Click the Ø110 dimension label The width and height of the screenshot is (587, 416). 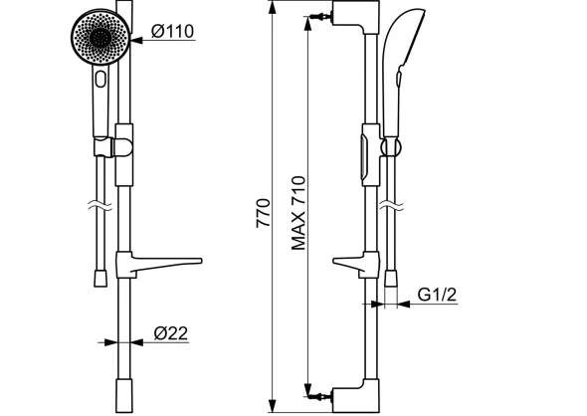click(x=172, y=31)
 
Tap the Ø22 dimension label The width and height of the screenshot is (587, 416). click(x=171, y=333)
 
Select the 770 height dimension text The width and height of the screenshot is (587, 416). click(x=263, y=213)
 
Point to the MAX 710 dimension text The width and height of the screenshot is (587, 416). click(x=298, y=213)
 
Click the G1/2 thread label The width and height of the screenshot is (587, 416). click(x=437, y=295)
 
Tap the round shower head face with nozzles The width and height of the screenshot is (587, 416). click(x=100, y=37)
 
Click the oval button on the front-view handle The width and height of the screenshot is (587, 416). click(x=100, y=79)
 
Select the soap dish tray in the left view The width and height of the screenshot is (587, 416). click(x=159, y=265)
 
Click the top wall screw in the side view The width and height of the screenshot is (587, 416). click(x=321, y=17)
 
